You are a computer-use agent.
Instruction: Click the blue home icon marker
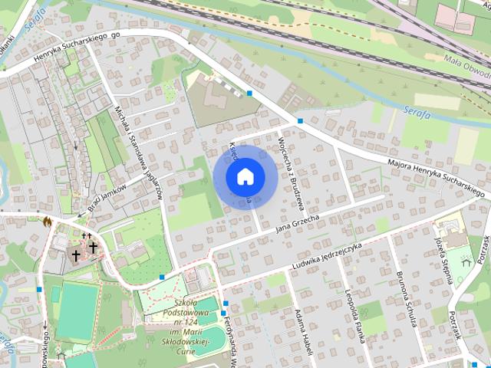click(x=245, y=176)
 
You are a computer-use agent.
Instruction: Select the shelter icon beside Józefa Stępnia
click(x=465, y=261)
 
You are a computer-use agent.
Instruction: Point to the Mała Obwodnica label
click(x=466, y=66)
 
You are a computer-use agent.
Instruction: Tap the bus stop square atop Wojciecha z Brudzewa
click(x=300, y=122)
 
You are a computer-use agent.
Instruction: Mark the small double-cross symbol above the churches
click(x=87, y=235)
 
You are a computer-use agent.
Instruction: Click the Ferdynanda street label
click(x=230, y=341)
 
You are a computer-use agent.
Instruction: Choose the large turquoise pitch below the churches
click(x=76, y=311)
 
